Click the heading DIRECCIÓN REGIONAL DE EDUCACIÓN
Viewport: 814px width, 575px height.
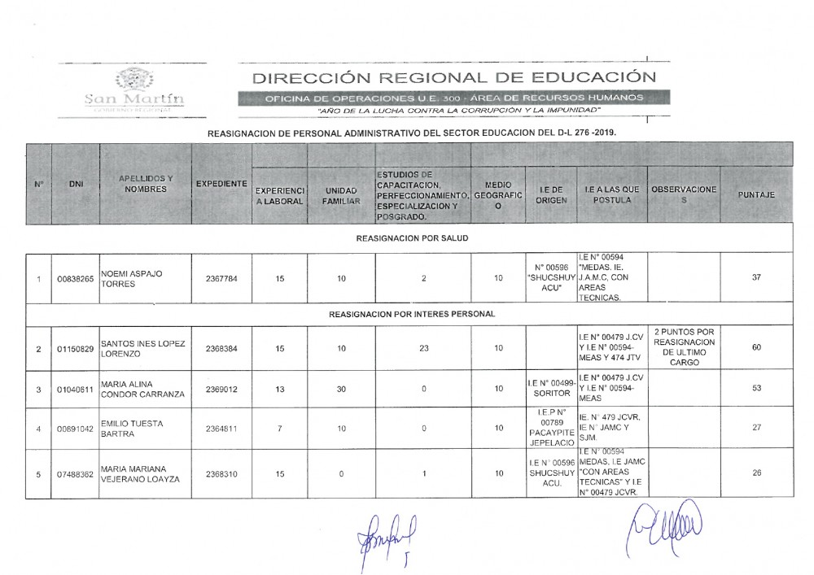coord(453,78)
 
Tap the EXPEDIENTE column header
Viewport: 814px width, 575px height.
coord(221,185)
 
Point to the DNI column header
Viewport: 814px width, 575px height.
coord(77,185)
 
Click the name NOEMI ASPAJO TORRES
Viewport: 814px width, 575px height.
coord(130,280)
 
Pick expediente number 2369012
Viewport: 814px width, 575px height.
coord(221,390)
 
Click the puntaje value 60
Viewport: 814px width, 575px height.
coord(756,348)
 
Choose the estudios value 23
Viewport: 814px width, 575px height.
coord(424,349)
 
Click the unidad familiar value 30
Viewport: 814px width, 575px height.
coord(342,390)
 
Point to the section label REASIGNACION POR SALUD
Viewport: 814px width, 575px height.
coord(413,238)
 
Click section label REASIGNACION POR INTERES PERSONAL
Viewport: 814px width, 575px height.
coord(412,313)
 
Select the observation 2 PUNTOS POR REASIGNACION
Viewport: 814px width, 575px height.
coord(684,348)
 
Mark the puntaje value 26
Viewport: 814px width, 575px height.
coord(756,474)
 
